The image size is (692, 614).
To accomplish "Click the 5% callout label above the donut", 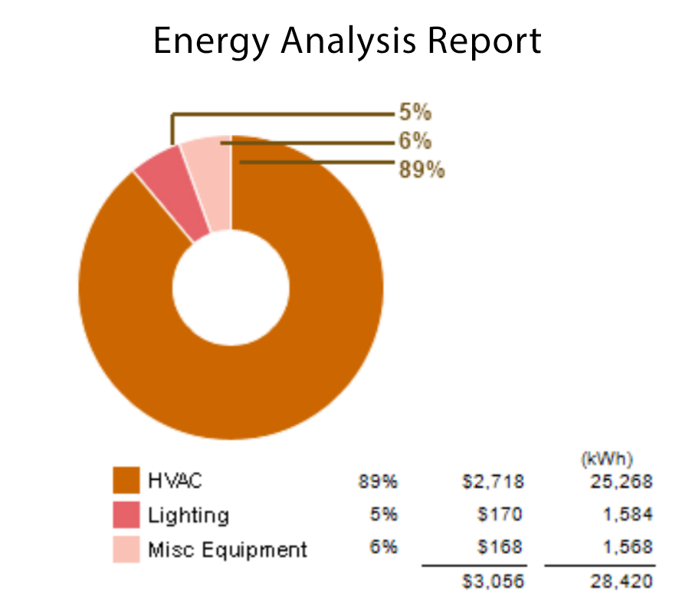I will pos(415,113).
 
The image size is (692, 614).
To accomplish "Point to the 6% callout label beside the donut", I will pos(415,142).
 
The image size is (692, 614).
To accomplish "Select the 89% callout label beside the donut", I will pos(421,169).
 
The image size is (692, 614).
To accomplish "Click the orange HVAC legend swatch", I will pos(126,482).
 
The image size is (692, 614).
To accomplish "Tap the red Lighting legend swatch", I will pos(126,515).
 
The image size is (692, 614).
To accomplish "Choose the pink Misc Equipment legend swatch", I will pos(126,549).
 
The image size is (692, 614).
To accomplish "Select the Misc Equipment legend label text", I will pos(228,550).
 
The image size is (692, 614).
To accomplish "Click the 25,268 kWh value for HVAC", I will pos(621,481).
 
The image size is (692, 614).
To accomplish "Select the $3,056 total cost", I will pos(494,582).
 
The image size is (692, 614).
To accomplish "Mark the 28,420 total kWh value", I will pos(621,582).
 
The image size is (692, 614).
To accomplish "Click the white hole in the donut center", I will pos(231,287).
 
